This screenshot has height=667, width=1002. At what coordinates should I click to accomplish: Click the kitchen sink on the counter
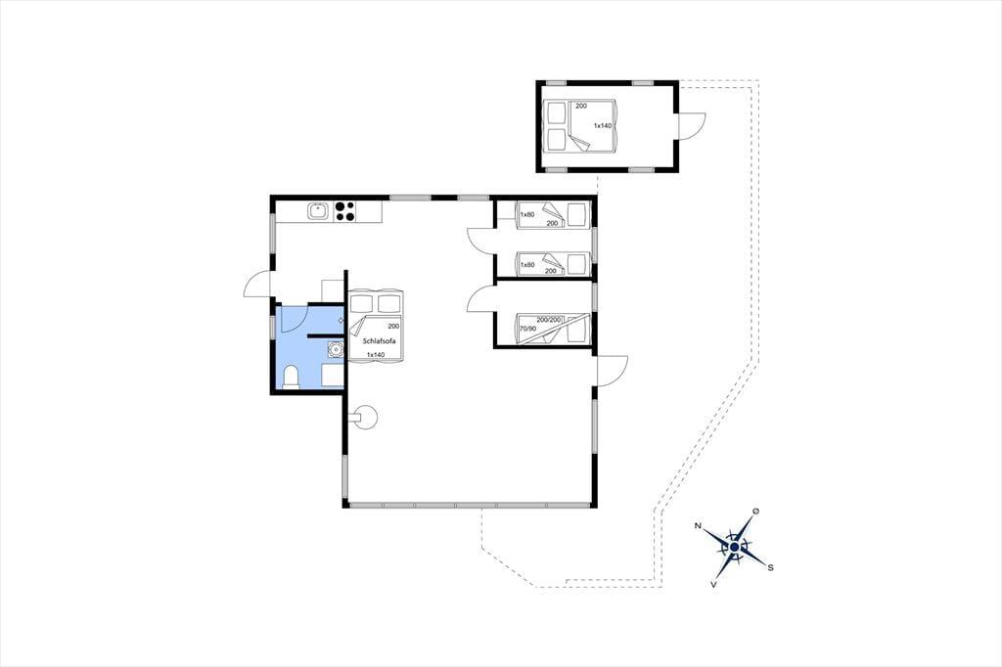click(318, 211)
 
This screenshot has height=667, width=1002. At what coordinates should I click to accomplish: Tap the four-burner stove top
click(345, 211)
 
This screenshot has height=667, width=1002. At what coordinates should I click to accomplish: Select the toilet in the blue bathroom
click(292, 377)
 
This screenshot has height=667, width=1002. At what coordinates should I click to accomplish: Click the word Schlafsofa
click(380, 341)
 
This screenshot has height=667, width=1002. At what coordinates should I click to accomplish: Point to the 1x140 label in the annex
click(603, 126)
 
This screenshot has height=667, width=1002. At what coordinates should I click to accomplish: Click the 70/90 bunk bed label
click(527, 329)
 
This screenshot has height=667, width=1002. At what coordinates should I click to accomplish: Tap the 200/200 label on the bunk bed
click(549, 319)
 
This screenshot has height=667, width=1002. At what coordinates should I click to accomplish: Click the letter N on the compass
click(698, 526)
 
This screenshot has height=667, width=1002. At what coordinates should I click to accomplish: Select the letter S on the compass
click(771, 567)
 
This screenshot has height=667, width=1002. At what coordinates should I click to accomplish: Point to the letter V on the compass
click(713, 584)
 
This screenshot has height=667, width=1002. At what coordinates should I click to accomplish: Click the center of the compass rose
click(735, 548)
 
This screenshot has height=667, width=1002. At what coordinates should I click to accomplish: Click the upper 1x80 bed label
click(527, 214)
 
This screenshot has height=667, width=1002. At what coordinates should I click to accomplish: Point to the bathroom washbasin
click(335, 349)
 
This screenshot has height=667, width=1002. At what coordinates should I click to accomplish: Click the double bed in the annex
click(580, 126)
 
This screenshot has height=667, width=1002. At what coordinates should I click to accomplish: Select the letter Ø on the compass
click(756, 511)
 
